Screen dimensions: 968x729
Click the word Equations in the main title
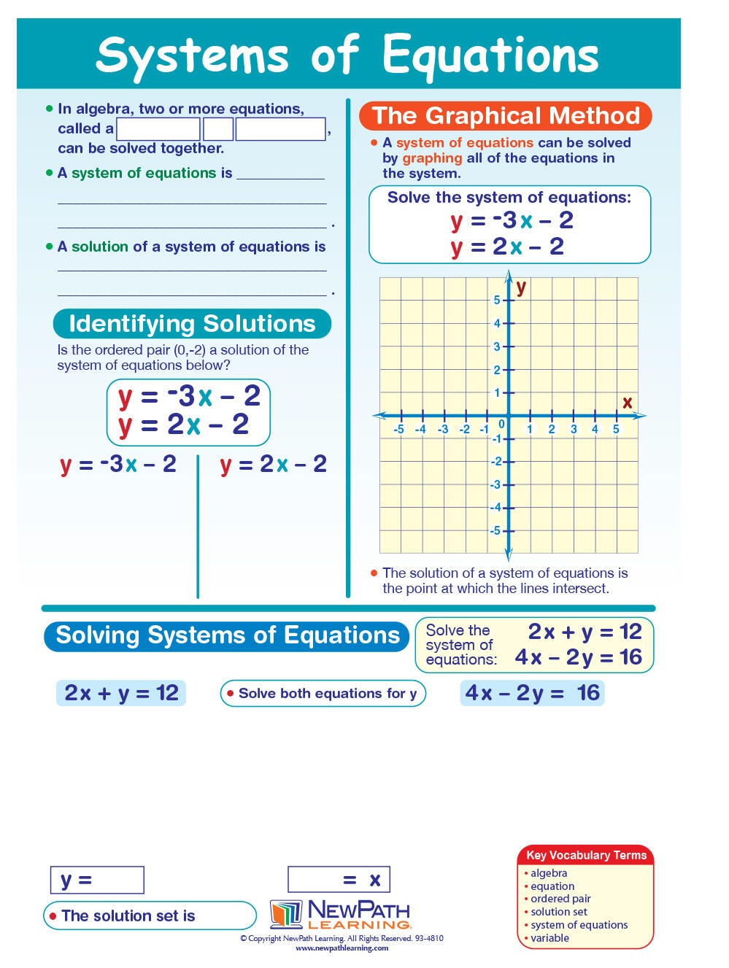(490, 55)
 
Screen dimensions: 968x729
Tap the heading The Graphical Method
(506, 116)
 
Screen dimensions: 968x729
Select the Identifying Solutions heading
(192, 324)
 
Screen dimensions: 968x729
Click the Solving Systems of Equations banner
(227, 635)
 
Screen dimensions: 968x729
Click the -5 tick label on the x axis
(398, 429)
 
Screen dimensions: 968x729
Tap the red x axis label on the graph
(627, 402)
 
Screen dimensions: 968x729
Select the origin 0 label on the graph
(501, 424)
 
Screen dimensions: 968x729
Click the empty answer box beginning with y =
(97, 880)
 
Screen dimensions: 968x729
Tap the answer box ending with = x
(339, 880)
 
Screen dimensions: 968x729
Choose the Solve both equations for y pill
(323, 694)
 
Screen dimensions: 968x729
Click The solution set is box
(150, 915)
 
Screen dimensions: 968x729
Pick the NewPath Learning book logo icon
(286, 914)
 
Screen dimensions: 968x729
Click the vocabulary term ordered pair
(560, 899)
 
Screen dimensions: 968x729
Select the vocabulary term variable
(549, 938)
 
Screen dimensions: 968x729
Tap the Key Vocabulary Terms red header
(586, 855)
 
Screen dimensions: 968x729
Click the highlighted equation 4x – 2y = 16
(532, 693)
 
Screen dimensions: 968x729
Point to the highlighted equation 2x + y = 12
(121, 693)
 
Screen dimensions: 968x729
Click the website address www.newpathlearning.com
(342, 948)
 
